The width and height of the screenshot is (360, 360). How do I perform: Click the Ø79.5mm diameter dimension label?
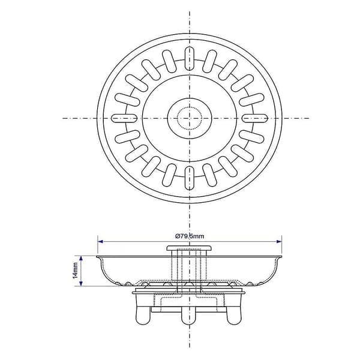190,236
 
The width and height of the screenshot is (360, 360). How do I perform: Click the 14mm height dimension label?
76,271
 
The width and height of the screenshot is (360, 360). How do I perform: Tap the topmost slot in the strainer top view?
189,58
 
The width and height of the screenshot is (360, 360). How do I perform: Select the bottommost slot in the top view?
189,178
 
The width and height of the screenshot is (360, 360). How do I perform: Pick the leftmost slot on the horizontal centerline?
124,118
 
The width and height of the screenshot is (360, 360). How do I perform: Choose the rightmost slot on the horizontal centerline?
255,118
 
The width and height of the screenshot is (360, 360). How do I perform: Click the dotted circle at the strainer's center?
190,118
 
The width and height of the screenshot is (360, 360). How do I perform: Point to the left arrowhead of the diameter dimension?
100,241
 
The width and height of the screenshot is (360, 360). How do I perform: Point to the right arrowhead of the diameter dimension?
279,241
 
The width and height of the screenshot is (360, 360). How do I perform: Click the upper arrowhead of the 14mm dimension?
80,259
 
